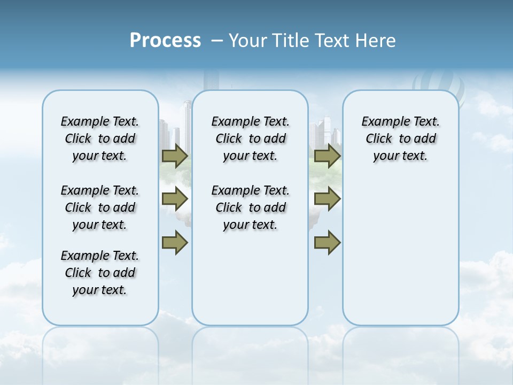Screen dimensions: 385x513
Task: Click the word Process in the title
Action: point(165,41)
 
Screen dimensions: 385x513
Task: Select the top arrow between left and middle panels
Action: point(175,156)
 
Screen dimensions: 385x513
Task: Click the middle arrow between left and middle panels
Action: point(175,199)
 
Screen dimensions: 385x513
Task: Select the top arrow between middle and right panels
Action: point(327,156)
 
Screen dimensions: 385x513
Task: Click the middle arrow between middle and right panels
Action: point(327,199)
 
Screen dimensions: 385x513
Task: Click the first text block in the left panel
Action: point(100,138)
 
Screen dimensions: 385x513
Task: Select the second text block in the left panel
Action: point(100,207)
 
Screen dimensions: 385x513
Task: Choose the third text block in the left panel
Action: point(100,273)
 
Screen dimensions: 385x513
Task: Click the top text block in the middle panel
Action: point(250,138)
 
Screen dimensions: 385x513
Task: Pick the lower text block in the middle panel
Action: point(250,207)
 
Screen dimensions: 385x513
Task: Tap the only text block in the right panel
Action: point(400,138)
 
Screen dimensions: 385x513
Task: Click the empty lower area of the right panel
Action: point(400,257)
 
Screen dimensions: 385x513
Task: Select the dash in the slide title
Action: point(217,41)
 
